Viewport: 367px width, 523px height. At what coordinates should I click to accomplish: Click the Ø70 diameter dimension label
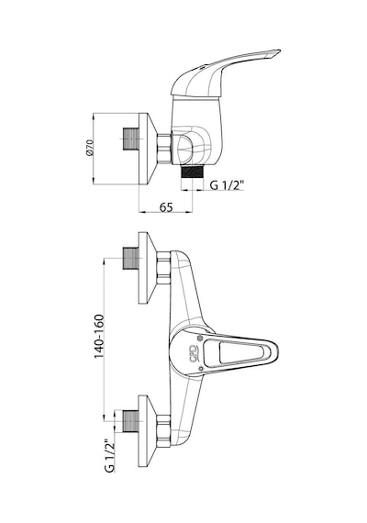89,148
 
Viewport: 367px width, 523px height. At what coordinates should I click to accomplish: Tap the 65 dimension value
166,207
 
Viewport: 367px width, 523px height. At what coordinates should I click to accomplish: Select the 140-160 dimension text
99,336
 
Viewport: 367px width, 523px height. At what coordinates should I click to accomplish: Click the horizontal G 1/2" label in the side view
228,184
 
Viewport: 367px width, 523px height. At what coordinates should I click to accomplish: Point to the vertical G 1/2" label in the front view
109,456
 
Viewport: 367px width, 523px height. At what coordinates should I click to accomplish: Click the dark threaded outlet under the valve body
193,173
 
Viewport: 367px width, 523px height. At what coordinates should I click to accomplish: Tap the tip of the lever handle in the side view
280,51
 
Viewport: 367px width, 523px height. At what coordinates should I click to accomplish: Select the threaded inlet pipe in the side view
131,139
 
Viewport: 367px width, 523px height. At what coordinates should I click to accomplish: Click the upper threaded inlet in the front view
131,258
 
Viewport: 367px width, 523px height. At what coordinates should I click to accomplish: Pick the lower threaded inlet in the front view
131,421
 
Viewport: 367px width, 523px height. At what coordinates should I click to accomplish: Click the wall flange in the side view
148,149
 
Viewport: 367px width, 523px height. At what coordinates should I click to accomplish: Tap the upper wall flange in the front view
148,268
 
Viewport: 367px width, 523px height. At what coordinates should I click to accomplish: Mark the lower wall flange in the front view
148,431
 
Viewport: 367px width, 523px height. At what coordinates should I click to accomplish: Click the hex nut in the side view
164,149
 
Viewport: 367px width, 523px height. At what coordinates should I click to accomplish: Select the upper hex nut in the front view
163,268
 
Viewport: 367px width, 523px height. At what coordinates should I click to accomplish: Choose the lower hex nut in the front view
163,431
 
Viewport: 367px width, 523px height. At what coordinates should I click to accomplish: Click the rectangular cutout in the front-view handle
240,353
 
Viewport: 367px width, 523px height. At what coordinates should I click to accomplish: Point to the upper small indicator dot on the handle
200,338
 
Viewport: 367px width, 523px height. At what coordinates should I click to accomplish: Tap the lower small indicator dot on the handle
201,369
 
